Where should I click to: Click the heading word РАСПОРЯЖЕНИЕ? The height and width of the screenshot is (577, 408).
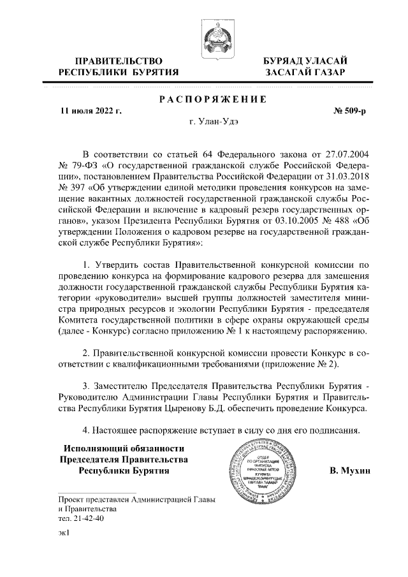[x=212, y=99]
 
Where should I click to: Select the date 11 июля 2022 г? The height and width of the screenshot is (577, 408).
[x=91, y=111]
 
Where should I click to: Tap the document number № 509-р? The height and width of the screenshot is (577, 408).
[x=349, y=111]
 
